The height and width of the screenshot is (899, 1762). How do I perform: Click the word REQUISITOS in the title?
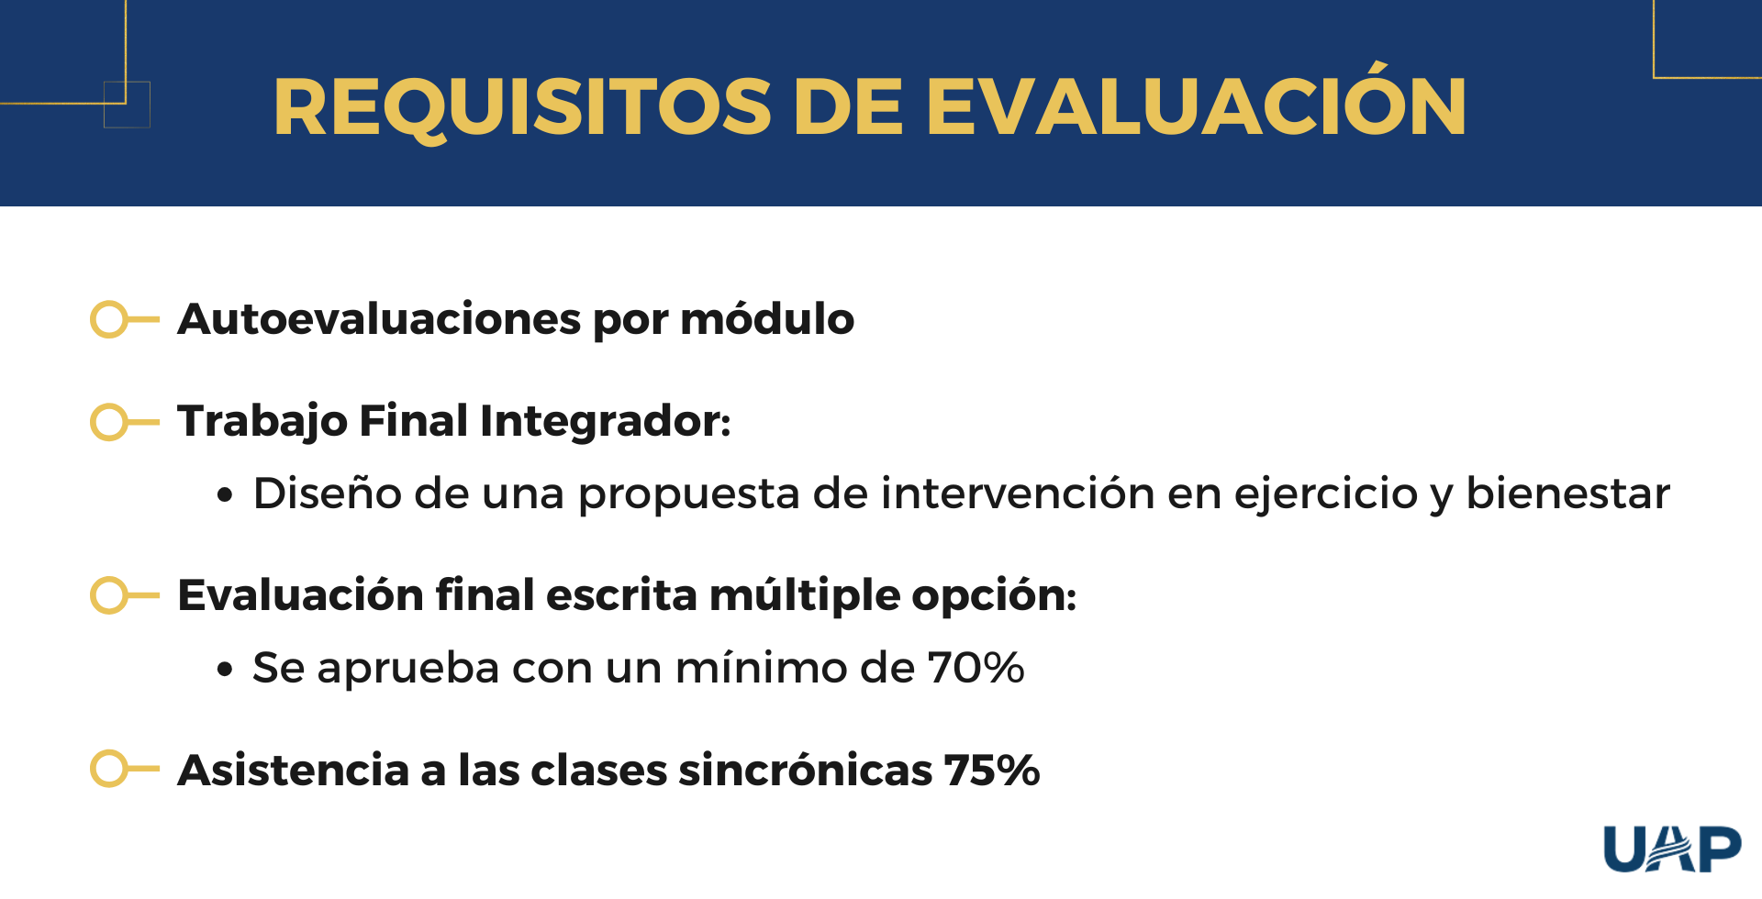click(522, 108)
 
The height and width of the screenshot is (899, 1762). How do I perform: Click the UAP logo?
click(1672, 849)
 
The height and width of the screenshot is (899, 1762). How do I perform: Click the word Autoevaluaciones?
click(380, 319)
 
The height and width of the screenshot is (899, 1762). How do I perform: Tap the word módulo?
click(767, 319)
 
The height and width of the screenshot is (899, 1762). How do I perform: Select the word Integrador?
click(605, 422)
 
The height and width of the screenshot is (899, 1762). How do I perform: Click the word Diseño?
click(328, 493)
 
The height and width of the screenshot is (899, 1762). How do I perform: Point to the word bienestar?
click(1568, 493)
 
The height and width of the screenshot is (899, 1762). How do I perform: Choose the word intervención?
click(1018, 493)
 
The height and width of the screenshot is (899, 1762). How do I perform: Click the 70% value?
click(976, 668)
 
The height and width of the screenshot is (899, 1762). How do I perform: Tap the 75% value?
click(991, 770)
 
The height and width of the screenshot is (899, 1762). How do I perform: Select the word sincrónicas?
click(805, 770)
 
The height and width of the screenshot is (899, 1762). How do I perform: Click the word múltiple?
click(805, 595)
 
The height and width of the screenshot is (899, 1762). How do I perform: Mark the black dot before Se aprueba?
click(225, 670)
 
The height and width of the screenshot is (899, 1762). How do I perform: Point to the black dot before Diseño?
click(225, 495)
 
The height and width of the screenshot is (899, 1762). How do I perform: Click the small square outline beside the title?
click(127, 105)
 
